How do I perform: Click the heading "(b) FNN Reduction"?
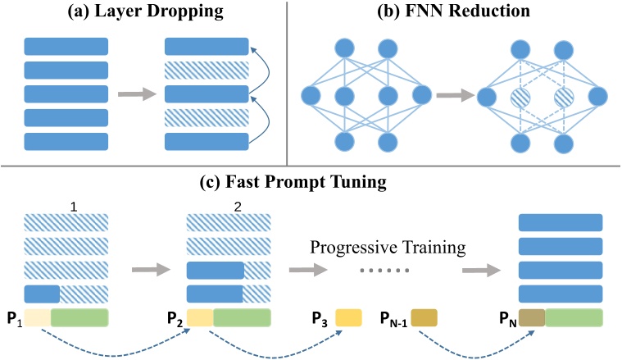click(455, 11)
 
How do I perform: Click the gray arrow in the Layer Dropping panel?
click(134, 94)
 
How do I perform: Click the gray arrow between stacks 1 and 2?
click(148, 267)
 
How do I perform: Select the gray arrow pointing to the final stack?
click(481, 267)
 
